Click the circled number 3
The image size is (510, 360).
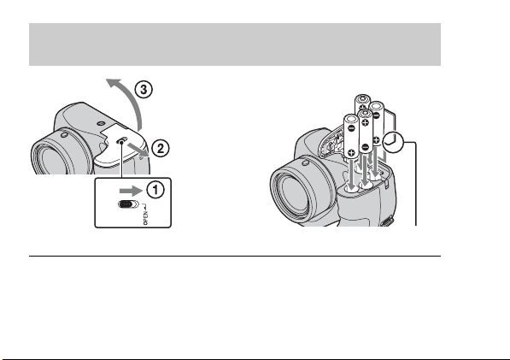click(x=144, y=90)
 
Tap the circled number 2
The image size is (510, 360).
click(x=161, y=149)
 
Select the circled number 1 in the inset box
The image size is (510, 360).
click(x=155, y=190)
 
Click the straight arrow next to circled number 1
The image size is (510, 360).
click(x=131, y=191)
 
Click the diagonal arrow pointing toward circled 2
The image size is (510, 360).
click(x=138, y=150)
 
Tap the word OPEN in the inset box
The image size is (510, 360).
click(x=146, y=218)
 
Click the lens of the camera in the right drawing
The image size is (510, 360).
click(x=293, y=192)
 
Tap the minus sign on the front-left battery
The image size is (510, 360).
click(x=351, y=128)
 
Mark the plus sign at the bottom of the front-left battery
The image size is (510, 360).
click(x=351, y=152)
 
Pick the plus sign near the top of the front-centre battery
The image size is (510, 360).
click(x=366, y=123)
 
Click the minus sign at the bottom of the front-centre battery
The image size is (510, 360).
click(x=366, y=147)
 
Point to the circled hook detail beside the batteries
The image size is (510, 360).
click(x=393, y=142)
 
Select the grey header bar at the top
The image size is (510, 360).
click(x=235, y=44)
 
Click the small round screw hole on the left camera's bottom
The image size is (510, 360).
click(x=101, y=124)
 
